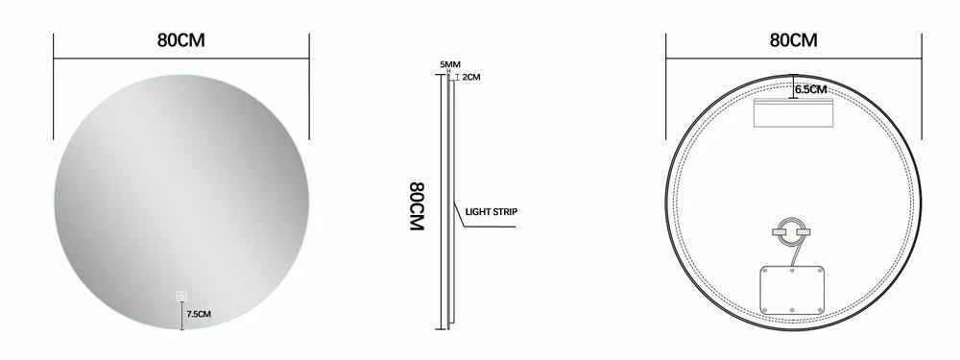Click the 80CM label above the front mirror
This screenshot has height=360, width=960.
click(181, 41)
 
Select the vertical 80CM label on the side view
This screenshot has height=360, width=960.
click(417, 204)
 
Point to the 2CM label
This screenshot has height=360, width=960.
click(470, 77)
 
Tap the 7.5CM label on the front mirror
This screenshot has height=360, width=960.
click(200, 313)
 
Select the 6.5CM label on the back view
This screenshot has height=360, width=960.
click(811, 89)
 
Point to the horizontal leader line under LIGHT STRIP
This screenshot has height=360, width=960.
click(490, 227)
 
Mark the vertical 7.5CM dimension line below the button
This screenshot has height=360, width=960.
click(180, 317)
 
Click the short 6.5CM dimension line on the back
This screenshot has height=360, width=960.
click(793, 86)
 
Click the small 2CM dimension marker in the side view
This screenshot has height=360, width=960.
click(458, 77)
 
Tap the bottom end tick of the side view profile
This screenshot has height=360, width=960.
click(444, 327)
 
